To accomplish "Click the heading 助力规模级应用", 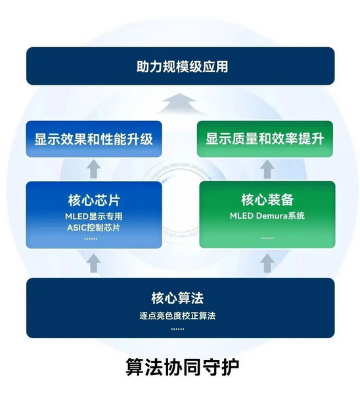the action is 182,66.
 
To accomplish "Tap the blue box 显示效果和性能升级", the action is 94,139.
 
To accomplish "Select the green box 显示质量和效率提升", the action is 265,139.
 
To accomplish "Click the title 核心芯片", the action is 94,200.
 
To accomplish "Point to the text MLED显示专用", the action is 94,216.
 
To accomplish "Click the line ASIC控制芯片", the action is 94,228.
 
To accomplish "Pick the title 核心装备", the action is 267,200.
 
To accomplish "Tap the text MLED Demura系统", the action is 267,216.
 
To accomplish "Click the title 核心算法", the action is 177,298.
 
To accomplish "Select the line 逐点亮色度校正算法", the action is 177,316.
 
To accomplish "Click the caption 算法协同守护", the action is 182,367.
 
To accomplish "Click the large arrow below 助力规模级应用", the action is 179,103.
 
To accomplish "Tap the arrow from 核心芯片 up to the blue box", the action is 94,169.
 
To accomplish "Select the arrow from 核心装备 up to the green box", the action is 267,169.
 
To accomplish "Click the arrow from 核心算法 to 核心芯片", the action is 94,263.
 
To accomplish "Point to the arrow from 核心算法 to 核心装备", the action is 267,263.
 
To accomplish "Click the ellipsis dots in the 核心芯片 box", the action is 91,238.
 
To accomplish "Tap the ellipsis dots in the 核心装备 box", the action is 267,238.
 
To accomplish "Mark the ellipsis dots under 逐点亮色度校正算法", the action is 177,329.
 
